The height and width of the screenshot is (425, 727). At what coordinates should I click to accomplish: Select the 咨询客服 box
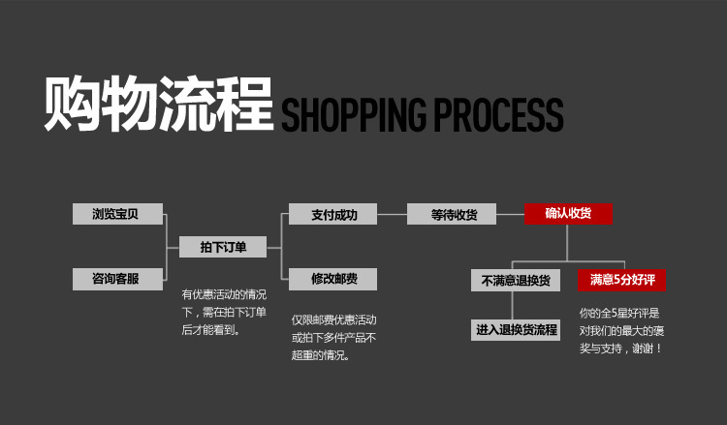[x=117, y=280]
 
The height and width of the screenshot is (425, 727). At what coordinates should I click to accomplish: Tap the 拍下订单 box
[x=223, y=248]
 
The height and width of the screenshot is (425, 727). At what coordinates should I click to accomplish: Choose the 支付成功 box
[x=332, y=215]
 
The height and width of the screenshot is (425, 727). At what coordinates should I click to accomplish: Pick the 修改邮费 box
[x=332, y=280]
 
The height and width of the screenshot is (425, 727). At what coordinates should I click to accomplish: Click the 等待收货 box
[x=450, y=215]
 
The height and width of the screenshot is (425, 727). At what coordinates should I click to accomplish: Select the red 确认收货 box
[x=568, y=214]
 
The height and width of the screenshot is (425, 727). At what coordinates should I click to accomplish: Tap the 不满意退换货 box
[x=516, y=281]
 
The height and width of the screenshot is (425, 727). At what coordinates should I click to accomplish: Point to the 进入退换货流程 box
[x=516, y=330]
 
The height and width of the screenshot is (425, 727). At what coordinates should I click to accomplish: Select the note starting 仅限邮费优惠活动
[x=333, y=337]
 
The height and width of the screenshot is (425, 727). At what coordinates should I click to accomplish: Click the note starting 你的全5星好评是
[x=621, y=329]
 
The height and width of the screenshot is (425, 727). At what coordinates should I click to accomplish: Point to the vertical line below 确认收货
[x=568, y=242]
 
